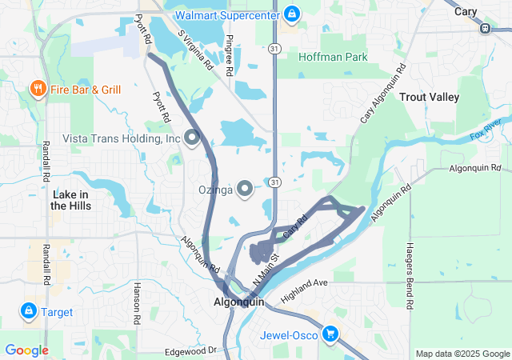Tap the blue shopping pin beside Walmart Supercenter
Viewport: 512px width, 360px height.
[293, 14]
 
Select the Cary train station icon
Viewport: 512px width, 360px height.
[485, 28]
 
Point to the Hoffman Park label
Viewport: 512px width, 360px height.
[333, 58]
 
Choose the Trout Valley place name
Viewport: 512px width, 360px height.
[429, 97]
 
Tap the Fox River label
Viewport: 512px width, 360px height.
[486, 128]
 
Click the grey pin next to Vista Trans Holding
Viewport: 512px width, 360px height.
[192, 138]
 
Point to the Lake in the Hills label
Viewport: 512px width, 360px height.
[70, 200]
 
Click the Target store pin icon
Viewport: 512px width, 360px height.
[28, 310]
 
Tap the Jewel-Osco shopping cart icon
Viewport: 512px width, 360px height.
[330, 334]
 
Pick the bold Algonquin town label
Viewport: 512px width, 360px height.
[238, 302]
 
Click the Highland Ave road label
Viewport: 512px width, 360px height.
[305, 292]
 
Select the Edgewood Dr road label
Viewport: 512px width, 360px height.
[190, 350]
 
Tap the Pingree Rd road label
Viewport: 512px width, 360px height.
[230, 55]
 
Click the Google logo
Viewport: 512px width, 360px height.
[26, 350]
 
